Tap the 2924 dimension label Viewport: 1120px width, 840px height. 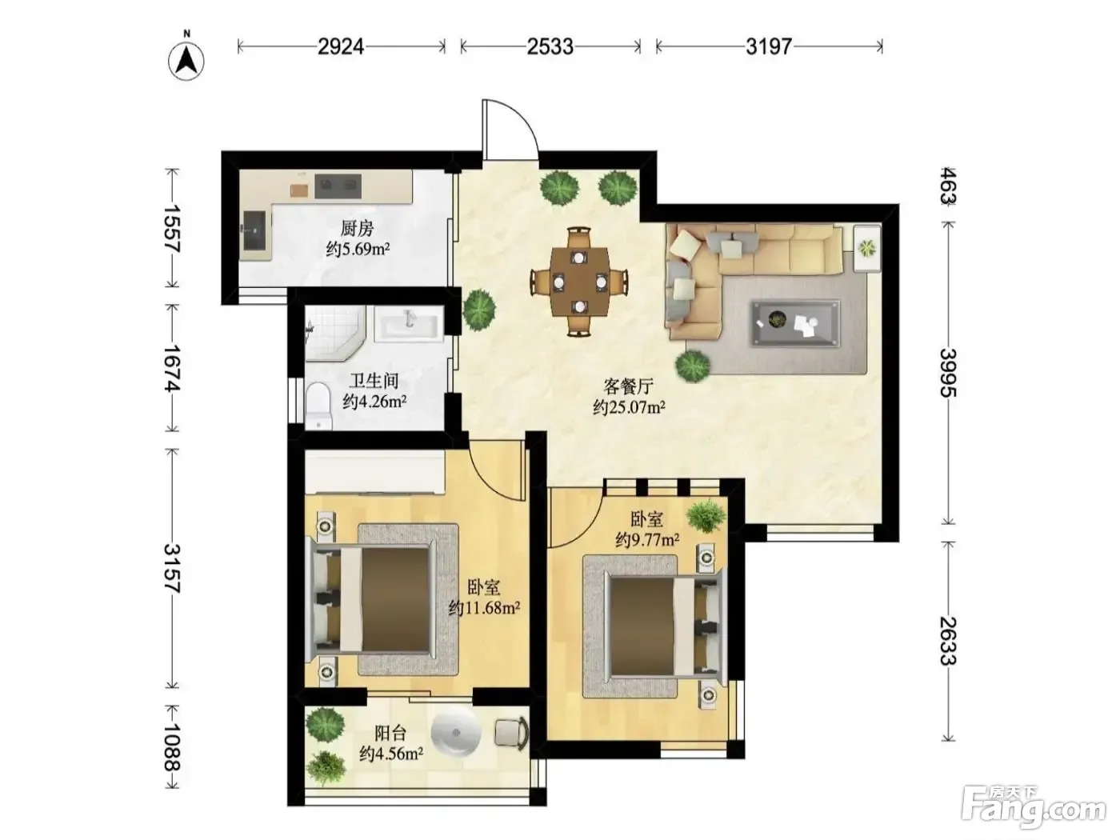(341, 47)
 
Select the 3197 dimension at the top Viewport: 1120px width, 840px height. (769, 47)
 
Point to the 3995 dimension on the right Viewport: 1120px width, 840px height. (948, 373)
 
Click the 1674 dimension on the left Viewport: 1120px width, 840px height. (172, 368)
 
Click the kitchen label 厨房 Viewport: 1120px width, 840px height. (357, 229)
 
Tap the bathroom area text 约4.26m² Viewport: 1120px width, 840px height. (374, 402)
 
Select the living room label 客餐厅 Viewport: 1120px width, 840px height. (628, 386)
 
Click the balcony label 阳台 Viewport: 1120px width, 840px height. (390, 734)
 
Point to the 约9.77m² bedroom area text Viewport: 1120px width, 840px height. (647, 539)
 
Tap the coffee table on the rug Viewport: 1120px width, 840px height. (795, 323)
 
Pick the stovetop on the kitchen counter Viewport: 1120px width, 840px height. (338, 186)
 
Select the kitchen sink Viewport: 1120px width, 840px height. (254, 230)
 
